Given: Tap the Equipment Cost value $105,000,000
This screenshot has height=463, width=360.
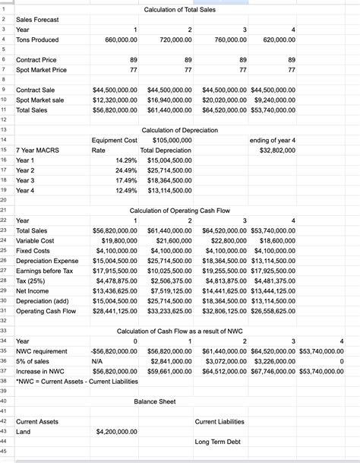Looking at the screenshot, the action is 172,140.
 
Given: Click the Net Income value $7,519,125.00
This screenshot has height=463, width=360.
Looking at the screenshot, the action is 169,290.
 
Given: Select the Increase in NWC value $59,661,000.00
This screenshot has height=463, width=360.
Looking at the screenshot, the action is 169,371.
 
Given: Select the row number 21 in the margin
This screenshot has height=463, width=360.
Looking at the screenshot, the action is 5,208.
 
